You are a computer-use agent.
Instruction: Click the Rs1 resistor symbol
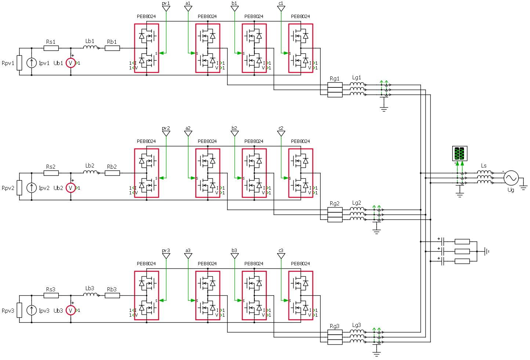tap(51, 48)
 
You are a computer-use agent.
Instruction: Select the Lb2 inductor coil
tap(90, 172)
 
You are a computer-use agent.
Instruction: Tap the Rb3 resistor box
tap(112, 295)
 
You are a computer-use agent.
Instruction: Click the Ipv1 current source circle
tap(32, 63)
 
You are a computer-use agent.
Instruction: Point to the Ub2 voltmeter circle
tap(70, 188)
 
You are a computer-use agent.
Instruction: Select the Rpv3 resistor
tap(19, 310)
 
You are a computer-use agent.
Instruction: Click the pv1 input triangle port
tap(166, 8)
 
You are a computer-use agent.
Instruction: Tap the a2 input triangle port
tap(188, 133)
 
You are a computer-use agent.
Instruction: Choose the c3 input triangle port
tap(281, 256)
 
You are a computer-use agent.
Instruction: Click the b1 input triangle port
tap(235, 8)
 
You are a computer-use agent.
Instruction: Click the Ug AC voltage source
tap(511, 178)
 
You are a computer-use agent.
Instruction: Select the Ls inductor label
tap(484, 166)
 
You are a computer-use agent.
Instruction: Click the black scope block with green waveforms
tap(460, 154)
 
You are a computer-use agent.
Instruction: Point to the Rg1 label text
tap(334, 79)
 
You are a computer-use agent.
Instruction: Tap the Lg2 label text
tap(356, 203)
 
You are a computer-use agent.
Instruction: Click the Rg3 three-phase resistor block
tap(335, 337)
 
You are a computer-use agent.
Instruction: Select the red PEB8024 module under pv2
tap(146, 173)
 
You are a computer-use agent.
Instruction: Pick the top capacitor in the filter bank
tap(443, 241)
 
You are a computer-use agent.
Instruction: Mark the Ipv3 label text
tap(44, 311)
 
